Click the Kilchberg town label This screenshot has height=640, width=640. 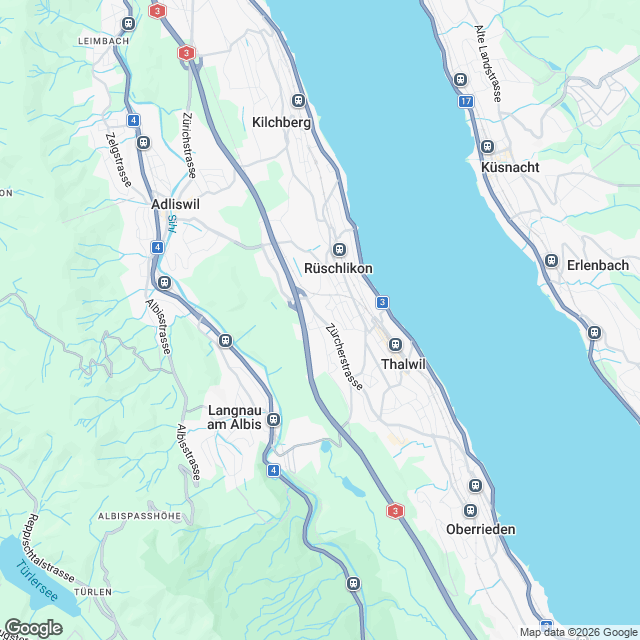pyautogui.click(x=283, y=122)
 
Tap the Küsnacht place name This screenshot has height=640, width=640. pyautogui.click(x=510, y=167)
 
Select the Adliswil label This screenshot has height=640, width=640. pyautogui.click(x=175, y=203)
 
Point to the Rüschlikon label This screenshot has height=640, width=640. pyautogui.click(x=339, y=269)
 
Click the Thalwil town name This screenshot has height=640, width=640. pyautogui.click(x=403, y=364)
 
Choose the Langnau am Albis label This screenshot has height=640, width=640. pyautogui.click(x=234, y=417)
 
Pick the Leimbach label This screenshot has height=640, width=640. pyautogui.click(x=103, y=41)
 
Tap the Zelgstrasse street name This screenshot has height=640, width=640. pyautogui.click(x=119, y=161)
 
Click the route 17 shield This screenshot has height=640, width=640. pyautogui.click(x=467, y=102)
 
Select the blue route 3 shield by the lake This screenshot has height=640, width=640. pyautogui.click(x=382, y=302)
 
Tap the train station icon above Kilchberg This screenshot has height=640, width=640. pyautogui.click(x=297, y=100)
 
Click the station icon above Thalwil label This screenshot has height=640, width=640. pyautogui.click(x=395, y=345)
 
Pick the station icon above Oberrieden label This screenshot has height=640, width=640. pyautogui.click(x=475, y=486)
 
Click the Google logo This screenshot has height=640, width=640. pyautogui.click(x=33, y=627)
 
